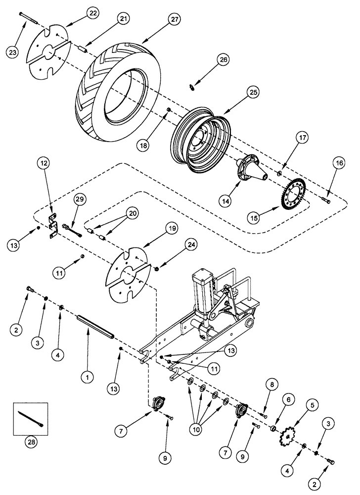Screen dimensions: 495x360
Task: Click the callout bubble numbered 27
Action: click(174, 20)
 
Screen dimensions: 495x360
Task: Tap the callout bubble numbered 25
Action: click(253, 93)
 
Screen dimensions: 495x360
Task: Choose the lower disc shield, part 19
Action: click(128, 275)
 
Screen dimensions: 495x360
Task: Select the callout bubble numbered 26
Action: click(224, 61)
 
